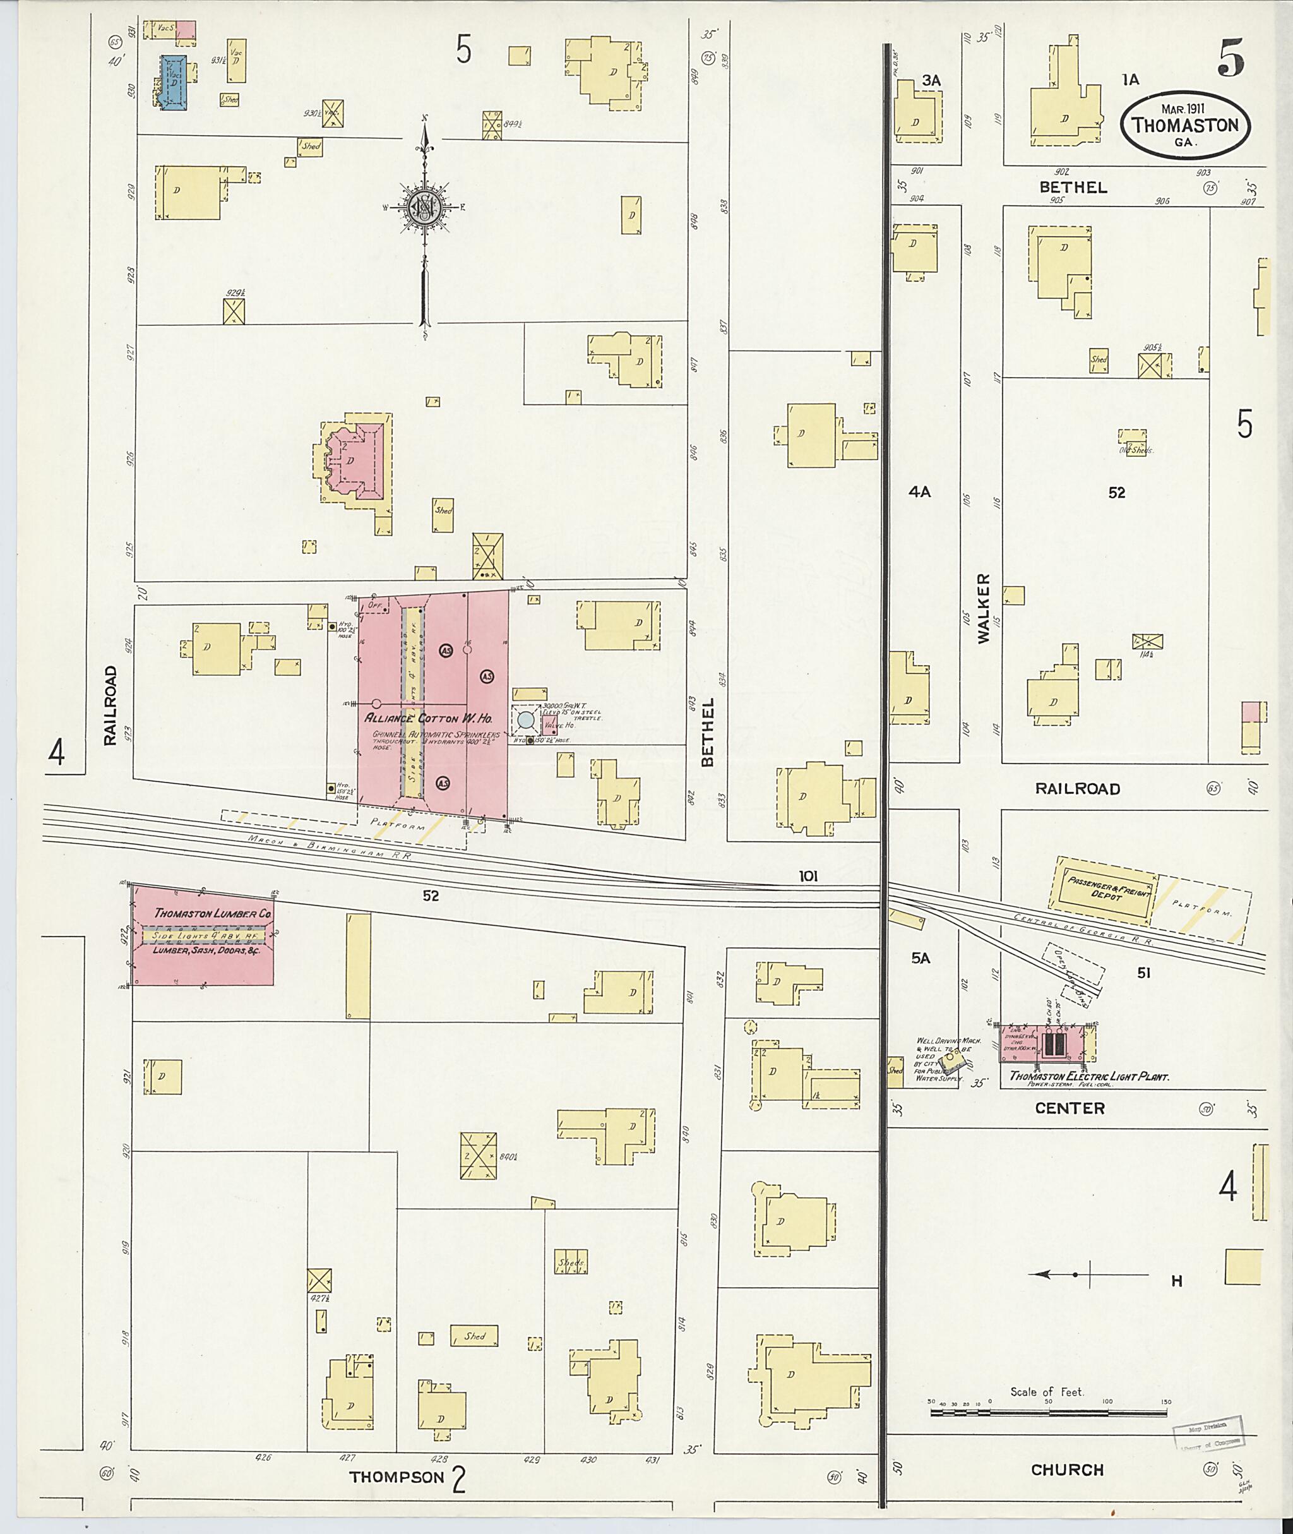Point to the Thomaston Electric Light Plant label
[x=1089, y=1076]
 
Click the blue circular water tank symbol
[x=525, y=720]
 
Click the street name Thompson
[x=396, y=1477]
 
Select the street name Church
[x=1066, y=1470]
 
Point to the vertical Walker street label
[x=983, y=609]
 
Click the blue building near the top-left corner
[x=174, y=82]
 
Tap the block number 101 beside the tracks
[x=809, y=875]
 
